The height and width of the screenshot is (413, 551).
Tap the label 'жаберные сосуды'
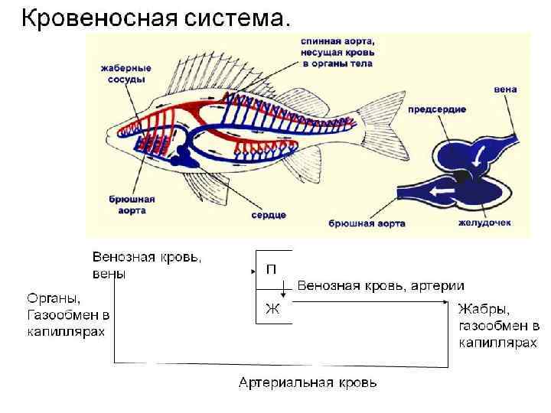tap(126, 73)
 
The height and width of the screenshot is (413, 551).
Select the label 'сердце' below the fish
tap(269, 216)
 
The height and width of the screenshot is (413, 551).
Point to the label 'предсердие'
tap(436, 109)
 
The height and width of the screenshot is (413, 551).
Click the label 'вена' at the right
tap(505, 89)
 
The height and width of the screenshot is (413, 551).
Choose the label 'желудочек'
tap(484, 223)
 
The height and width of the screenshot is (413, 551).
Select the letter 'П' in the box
tap(272, 269)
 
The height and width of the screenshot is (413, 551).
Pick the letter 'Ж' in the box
tap(272, 309)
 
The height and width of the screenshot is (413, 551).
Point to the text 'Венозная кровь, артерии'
tap(380, 285)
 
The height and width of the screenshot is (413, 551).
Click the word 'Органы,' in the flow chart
tap(54, 298)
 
